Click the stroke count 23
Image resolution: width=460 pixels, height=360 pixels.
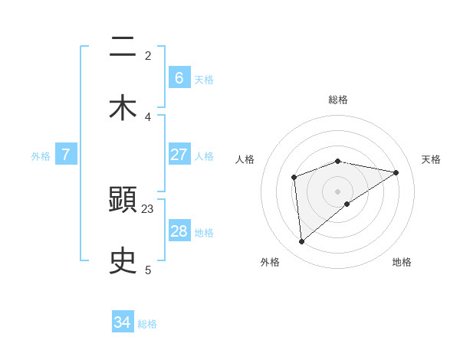(x=148, y=209)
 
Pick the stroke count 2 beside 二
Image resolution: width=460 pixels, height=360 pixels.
(x=148, y=55)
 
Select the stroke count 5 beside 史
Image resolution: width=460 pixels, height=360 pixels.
(x=148, y=269)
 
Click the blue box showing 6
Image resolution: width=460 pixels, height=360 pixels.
(x=179, y=77)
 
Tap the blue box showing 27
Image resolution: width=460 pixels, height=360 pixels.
(x=179, y=154)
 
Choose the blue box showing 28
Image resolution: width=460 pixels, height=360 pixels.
(x=179, y=231)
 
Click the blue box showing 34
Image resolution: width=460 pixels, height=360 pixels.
(x=123, y=322)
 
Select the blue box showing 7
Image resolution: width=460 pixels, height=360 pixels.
(x=66, y=154)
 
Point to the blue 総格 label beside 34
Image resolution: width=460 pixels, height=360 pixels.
(x=147, y=324)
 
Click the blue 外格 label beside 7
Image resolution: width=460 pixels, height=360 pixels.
(x=41, y=155)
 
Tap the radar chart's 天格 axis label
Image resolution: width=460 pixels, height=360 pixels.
(x=431, y=159)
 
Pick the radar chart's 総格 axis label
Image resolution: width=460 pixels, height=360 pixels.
(x=338, y=100)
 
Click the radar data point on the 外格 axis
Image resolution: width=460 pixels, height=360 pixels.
(x=301, y=241)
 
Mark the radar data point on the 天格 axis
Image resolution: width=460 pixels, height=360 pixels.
(x=396, y=172)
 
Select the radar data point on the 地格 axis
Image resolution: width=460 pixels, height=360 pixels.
(x=347, y=203)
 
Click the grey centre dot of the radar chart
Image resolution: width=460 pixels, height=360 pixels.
(x=338, y=191)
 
